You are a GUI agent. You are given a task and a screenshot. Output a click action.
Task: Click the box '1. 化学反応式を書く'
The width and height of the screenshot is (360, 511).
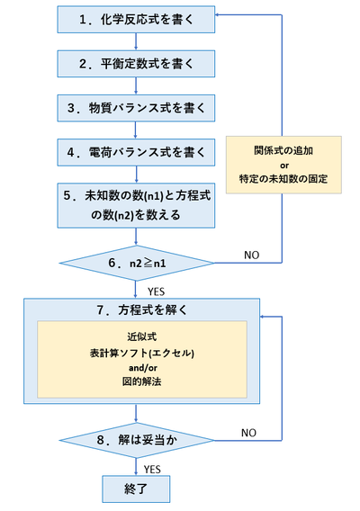click(x=135, y=17)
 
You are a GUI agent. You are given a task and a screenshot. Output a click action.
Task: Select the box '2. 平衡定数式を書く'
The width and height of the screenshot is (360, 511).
click(x=135, y=63)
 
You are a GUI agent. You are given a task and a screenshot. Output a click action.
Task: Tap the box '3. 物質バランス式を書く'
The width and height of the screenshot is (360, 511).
click(x=135, y=108)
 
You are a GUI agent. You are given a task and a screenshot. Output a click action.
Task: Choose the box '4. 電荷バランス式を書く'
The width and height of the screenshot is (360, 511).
click(x=135, y=153)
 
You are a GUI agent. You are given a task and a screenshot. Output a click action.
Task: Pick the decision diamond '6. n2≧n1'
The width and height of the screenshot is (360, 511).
click(x=135, y=263)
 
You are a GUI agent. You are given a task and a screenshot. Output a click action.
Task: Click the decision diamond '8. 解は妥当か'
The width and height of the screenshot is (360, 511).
click(x=135, y=443)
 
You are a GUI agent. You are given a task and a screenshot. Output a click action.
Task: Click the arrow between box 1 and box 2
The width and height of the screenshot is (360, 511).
click(x=135, y=40)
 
